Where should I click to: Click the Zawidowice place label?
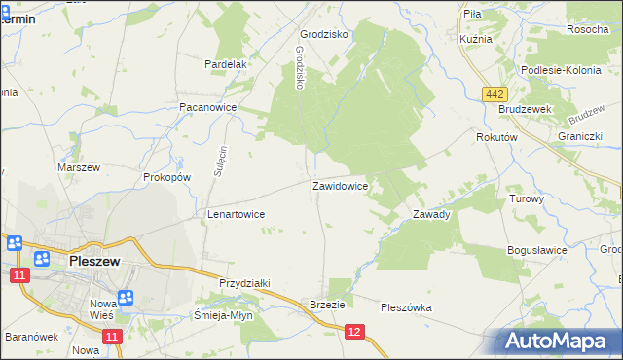coord(339,185)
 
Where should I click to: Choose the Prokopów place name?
coord(166,178)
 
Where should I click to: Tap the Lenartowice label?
coord(236,213)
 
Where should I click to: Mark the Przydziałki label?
coord(244,283)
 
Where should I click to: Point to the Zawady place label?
coord(431,214)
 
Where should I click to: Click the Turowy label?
coord(527,198)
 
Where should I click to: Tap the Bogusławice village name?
coord(537,250)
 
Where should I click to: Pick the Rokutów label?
coord(495,138)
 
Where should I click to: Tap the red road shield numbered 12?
coord(356,333)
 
